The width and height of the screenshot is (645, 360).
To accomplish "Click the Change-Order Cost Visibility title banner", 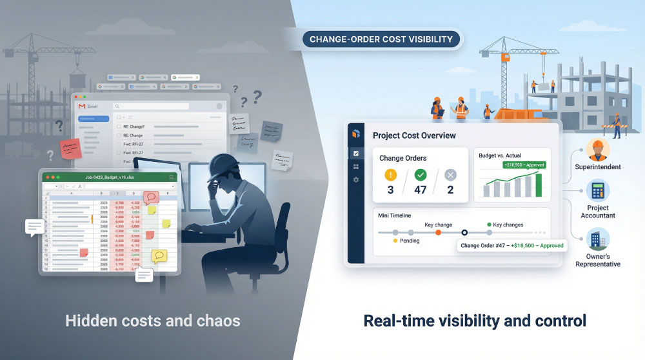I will [x=382, y=39].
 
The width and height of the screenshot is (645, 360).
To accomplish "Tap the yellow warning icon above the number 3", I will [x=390, y=175].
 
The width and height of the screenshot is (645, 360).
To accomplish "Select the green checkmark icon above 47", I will [x=421, y=175].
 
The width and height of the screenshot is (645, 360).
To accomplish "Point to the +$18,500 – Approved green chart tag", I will [x=523, y=165].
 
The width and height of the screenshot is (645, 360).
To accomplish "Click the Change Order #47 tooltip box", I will [x=512, y=246].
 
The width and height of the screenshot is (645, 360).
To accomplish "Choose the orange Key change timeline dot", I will [x=439, y=232].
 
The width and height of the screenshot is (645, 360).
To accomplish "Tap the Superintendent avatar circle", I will [x=597, y=150].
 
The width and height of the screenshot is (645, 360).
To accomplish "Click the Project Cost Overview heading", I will [x=414, y=135].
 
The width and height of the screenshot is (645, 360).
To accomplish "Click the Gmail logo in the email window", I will [x=82, y=106].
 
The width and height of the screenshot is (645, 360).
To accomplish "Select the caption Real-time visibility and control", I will [x=475, y=320].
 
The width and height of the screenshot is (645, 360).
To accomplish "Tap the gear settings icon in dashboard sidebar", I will [x=356, y=179].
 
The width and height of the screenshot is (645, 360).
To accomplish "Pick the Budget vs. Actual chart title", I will [x=500, y=155].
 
